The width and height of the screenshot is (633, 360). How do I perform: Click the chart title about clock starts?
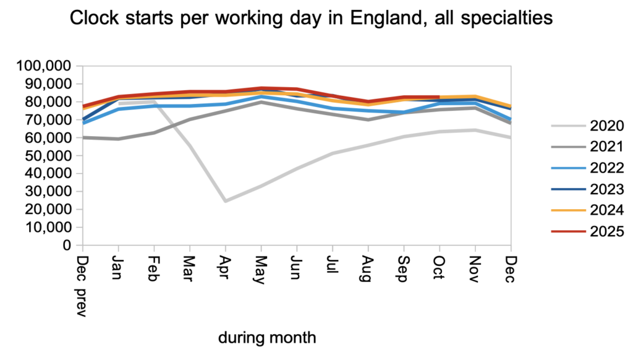[x=311, y=19]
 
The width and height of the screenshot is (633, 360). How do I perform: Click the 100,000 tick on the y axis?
[x=45, y=66]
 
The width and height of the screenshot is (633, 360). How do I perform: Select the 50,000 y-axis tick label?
[x=48, y=155]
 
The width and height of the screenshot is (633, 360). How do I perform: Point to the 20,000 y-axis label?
[x=48, y=209]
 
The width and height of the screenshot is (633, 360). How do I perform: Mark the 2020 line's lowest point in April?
[x=225, y=201]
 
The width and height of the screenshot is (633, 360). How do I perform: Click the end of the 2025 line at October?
[x=439, y=97]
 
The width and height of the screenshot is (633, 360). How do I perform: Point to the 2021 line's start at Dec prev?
[x=82, y=137]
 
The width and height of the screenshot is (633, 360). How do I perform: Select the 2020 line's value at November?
[x=475, y=130]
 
